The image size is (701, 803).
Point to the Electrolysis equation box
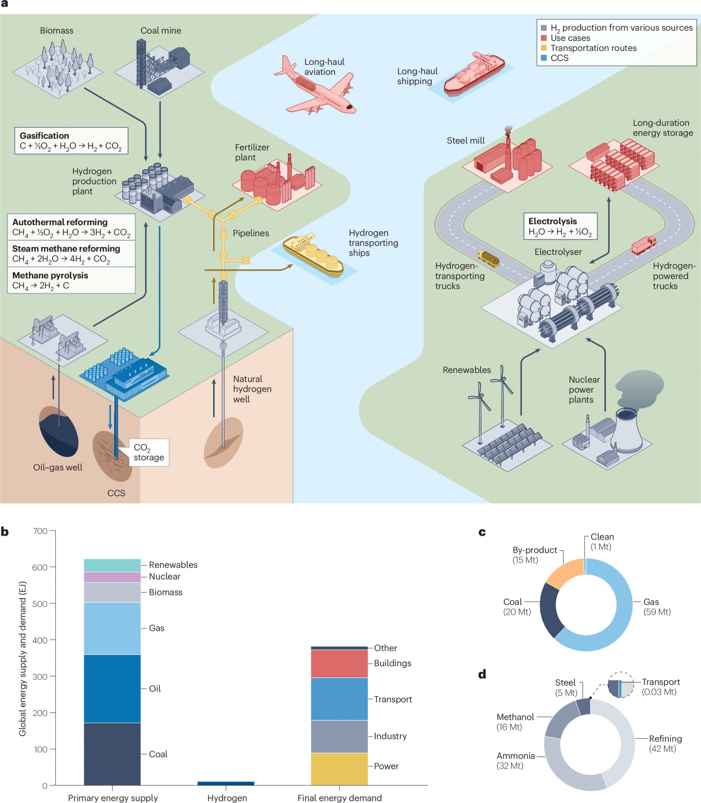click(x=560, y=226)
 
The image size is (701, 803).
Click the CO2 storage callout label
click(x=148, y=453)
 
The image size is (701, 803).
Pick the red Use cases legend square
click(x=544, y=38)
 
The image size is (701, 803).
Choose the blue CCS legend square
click(x=544, y=58)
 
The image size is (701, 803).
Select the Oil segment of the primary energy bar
click(x=112, y=689)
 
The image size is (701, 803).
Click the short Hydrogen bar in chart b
click(x=226, y=783)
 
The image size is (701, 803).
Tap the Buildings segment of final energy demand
click(x=339, y=664)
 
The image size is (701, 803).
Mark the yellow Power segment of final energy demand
click(x=339, y=769)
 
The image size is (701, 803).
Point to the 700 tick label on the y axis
click(x=40, y=531)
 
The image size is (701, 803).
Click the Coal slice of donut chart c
click(x=549, y=610)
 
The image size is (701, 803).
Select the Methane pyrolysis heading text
click(x=50, y=275)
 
